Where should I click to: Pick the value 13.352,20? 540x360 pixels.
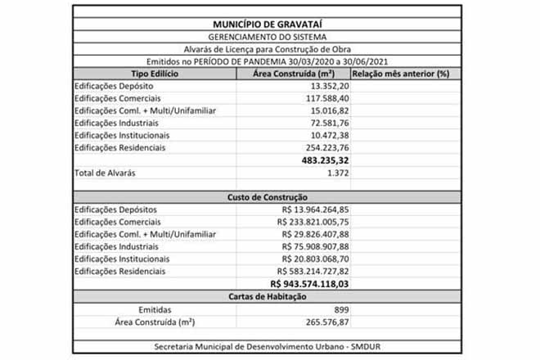tap(331, 86)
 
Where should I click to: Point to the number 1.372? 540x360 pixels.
tap(337, 173)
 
